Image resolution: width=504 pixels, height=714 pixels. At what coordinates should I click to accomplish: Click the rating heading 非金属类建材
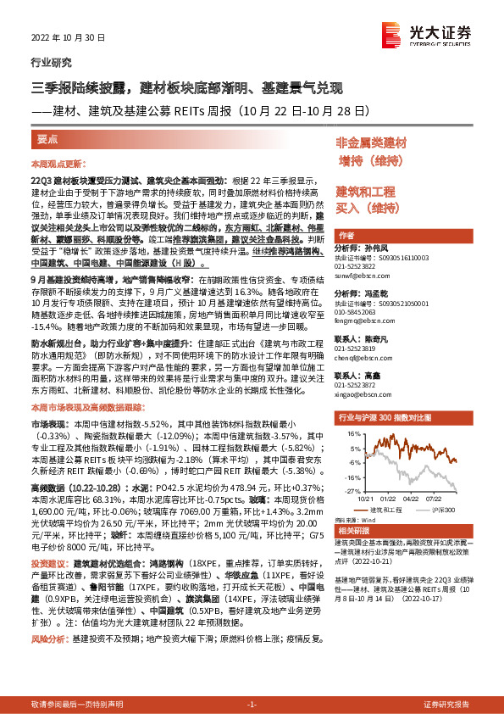371,142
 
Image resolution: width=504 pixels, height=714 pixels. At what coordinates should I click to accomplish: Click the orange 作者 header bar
346,236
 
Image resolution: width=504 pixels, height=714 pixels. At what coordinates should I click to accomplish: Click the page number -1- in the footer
251,705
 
